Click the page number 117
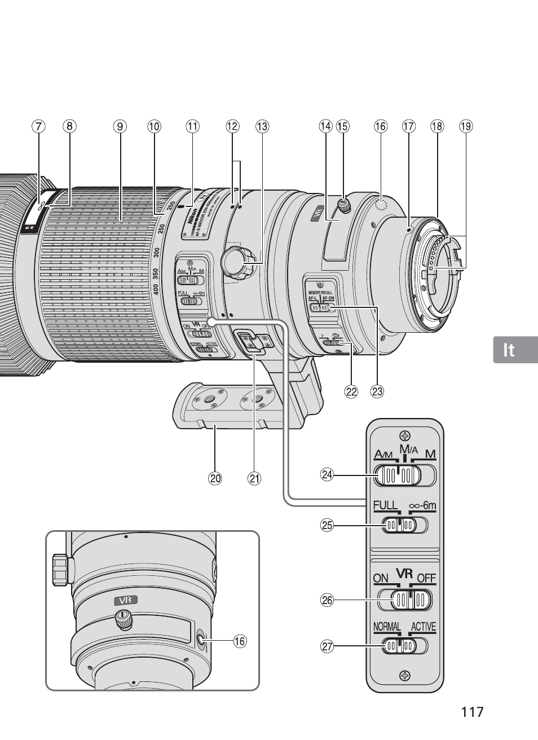pos(472,711)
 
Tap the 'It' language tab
pos(509,350)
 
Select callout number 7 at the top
pos(38,126)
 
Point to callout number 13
pos(262,126)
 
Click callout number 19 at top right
pos(465,126)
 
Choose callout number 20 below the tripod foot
pos(214,479)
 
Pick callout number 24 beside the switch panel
pos(327,475)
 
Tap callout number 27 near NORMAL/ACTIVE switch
pos(327,646)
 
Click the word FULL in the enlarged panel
pos(386,505)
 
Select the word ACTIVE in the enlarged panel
pos(424,627)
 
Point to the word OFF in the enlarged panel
pos(426,579)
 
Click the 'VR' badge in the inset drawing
pos(126,601)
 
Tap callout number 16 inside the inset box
pos(240,641)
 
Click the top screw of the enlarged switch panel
pos(404,435)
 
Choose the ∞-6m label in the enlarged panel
pos(422,505)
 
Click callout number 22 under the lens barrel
pos(351,391)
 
